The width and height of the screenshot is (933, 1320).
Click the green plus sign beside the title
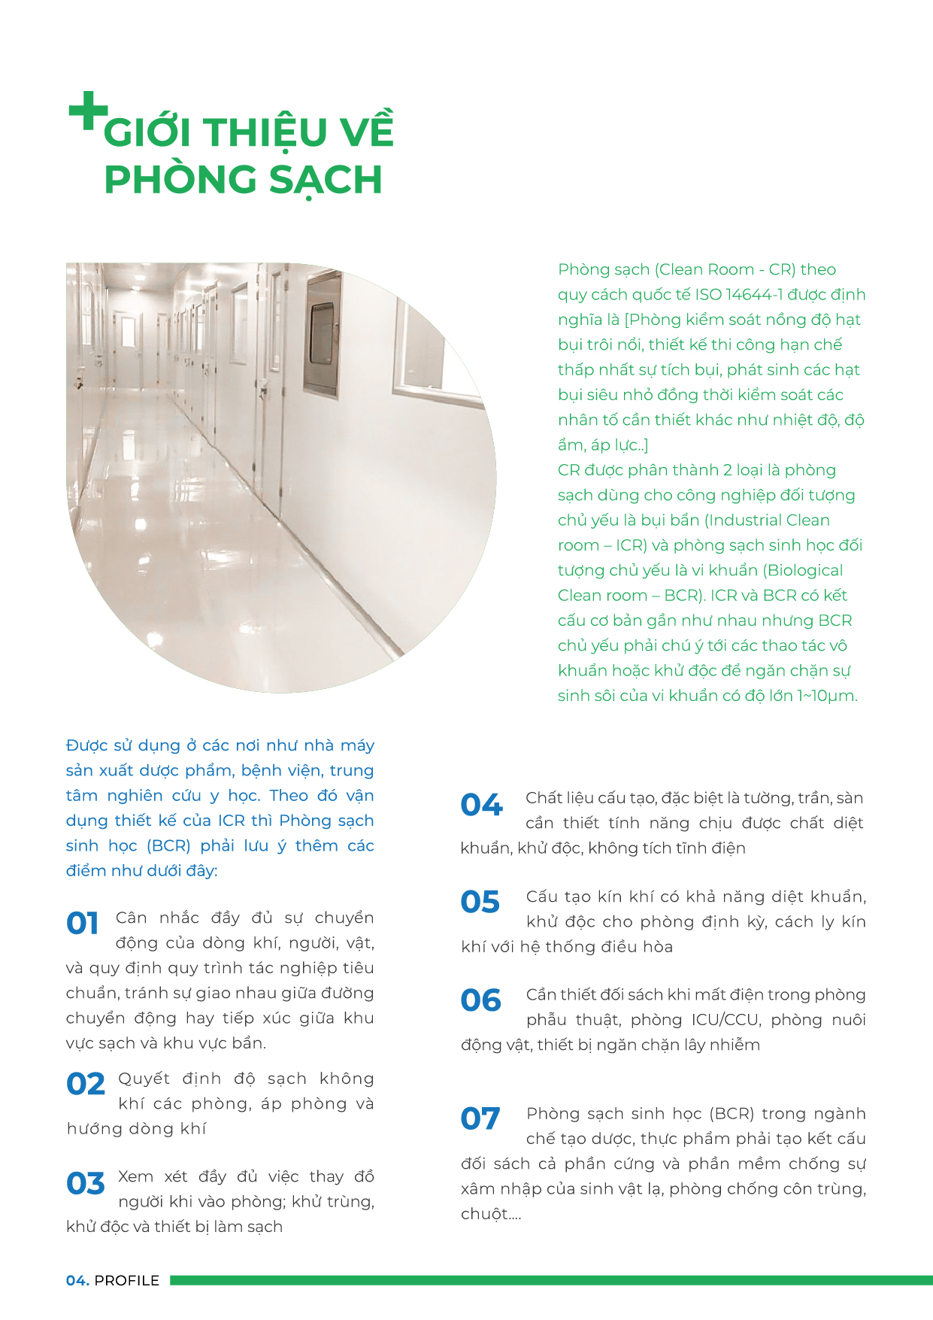tap(88, 111)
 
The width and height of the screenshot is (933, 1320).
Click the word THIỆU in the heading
tap(265, 132)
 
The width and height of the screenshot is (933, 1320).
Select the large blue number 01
tap(83, 923)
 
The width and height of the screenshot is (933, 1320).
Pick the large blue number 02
tap(86, 1084)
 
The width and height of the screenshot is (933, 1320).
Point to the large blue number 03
tap(86, 1183)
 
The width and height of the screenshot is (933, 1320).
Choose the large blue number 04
tap(481, 805)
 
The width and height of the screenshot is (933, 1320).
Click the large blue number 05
tap(480, 902)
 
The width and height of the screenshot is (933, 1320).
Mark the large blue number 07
tap(480, 1118)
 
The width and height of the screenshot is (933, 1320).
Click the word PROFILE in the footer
tap(127, 1280)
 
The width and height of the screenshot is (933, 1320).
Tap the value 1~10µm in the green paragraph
tap(827, 696)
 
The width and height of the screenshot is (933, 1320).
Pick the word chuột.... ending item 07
tap(490, 1214)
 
